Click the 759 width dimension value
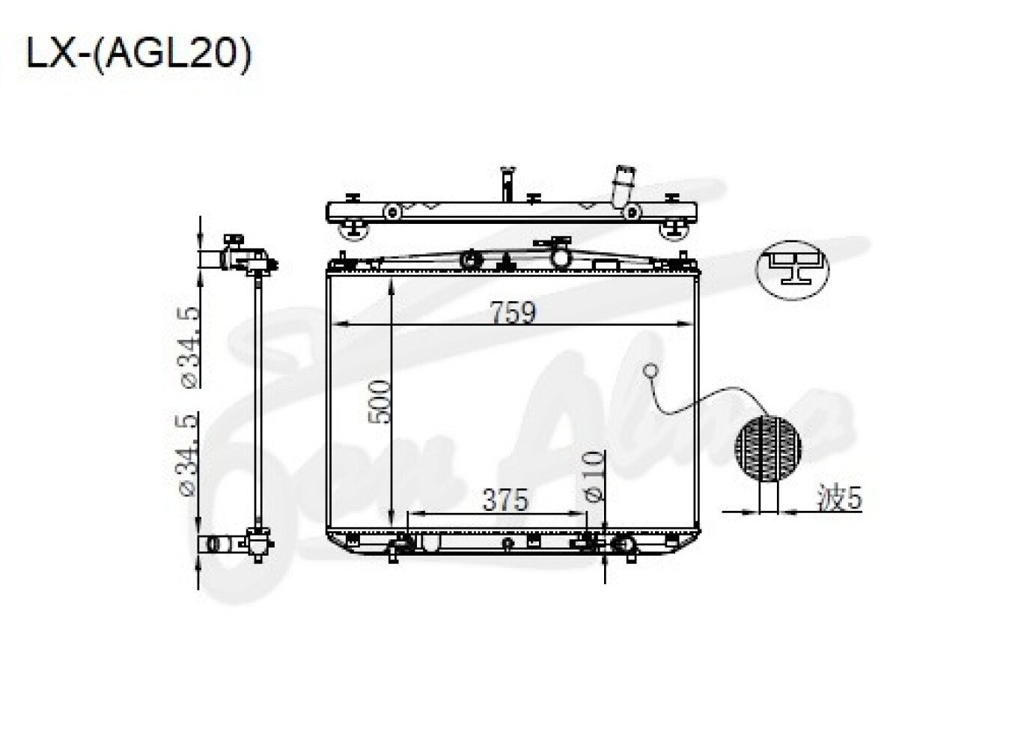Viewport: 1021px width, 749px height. [513, 313]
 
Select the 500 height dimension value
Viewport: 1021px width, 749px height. [380, 402]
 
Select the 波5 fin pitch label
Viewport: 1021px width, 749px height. [840, 498]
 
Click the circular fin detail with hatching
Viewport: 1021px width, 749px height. [768, 447]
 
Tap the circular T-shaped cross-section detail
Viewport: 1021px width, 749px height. [793, 270]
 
